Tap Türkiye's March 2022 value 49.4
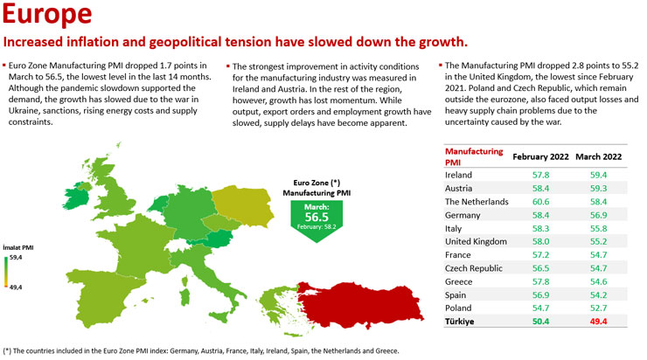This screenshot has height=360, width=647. point(598,322)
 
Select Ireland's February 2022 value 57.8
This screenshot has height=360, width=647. point(540,175)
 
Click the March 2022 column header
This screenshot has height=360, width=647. point(598,156)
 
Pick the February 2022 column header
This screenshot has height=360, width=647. point(540,156)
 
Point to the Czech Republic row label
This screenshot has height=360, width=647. point(474,268)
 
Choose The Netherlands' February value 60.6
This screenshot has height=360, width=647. point(540,202)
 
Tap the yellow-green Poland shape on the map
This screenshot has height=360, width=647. point(243,205)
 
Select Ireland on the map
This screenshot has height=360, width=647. point(77,197)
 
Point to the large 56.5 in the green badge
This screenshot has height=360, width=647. point(317,217)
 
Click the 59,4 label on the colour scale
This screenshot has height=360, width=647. point(16,257)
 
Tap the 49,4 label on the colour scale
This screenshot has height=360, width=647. point(16,287)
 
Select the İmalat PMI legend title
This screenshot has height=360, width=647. point(18,247)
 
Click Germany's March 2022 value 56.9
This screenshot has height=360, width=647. point(598,215)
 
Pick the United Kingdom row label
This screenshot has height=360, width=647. point(476,242)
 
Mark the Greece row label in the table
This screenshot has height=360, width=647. point(458,281)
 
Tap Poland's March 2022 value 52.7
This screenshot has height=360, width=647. point(598,308)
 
